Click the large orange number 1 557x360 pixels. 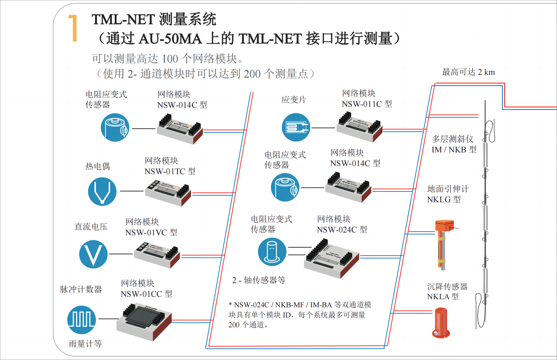pyautogui.click(x=73, y=28)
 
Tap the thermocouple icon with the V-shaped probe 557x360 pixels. pyautogui.click(x=102, y=191)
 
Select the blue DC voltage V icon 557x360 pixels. pyautogui.click(x=93, y=254)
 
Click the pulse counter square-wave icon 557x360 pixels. pyautogui.click(x=81, y=320)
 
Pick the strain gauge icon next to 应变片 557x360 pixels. pyautogui.click(x=296, y=127)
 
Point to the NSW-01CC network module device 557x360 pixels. pyautogui.click(x=144, y=321)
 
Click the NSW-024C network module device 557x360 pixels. pyautogui.click(x=331, y=259)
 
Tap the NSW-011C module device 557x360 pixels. pyautogui.click(x=359, y=127)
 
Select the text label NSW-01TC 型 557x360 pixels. pyautogui.click(x=170, y=171)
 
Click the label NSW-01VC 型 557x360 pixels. pyautogui.click(x=151, y=233)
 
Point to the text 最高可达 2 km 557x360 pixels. pyautogui.click(x=468, y=72)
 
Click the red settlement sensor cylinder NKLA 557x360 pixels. pyautogui.click(x=441, y=322)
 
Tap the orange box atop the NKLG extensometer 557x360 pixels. pyautogui.click(x=444, y=225)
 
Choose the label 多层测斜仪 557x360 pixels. pyautogui.click(x=452, y=139)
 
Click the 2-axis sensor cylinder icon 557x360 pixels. pyautogui.click(x=272, y=252)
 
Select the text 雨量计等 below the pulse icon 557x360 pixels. pyautogui.click(x=85, y=344)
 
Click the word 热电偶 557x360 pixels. pyautogui.click(x=98, y=166)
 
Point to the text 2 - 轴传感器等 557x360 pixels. pyautogui.click(x=259, y=280)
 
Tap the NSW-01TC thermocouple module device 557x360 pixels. pyautogui.click(x=168, y=193)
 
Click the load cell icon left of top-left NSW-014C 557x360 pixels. pyautogui.click(x=115, y=127)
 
